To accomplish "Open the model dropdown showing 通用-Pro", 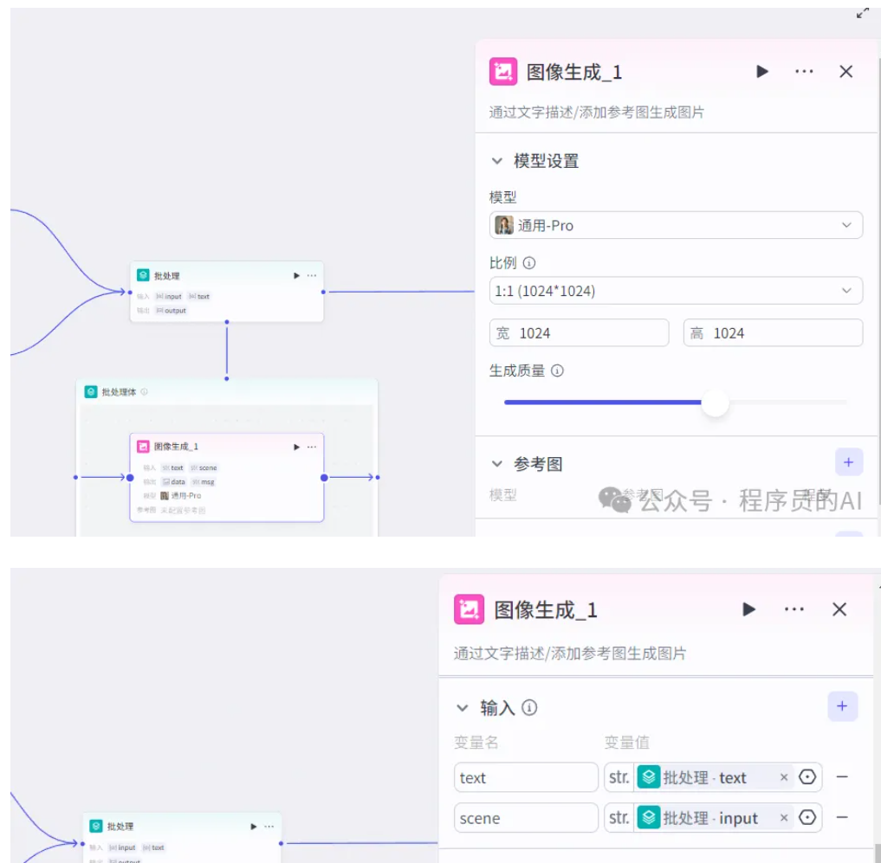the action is [x=676, y=225].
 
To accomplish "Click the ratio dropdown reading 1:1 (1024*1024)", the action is [x=676, y=291].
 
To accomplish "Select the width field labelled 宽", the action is [x=579, y=333].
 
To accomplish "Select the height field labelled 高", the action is [x=773, y=333].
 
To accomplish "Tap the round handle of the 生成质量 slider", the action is [x=715, y=403].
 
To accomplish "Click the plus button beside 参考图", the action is [x=848, y=462].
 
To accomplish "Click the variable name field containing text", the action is [x=526, y=777].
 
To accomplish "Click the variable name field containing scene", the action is [x=526, y=818].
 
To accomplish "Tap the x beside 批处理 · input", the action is [x=784, y=818].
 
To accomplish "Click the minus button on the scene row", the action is [x=841, y=818].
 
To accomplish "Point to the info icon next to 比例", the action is [x=529, y=263].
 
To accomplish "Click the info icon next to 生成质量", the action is [x=557, y=370].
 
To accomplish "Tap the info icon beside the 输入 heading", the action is [x=529, y=708].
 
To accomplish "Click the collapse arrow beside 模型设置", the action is [x=497, y=161].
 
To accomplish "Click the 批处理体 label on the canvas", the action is [x=119, y=392].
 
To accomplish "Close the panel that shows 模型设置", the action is [x=846, y=72].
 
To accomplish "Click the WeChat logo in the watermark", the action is [x=616, y=499].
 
